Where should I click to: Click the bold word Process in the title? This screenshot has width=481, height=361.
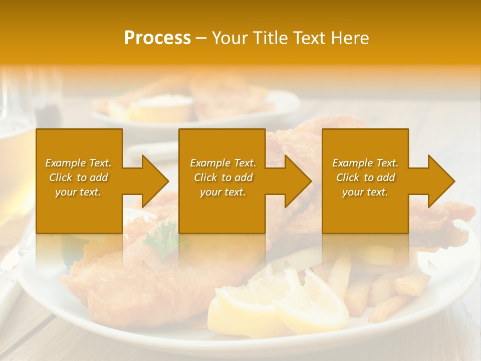[x=157, y=38]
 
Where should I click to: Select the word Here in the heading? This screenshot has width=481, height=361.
[x=350, y=38]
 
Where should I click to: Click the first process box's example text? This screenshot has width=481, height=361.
[x=79, y=177]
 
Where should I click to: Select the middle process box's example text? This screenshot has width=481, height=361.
[x=223, y=177]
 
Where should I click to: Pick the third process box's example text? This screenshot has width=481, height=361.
[x=365, y=177]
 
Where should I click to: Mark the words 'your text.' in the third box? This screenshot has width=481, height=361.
[x=365, y=192]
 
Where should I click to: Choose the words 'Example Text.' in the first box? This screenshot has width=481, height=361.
[x=79, y=163]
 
